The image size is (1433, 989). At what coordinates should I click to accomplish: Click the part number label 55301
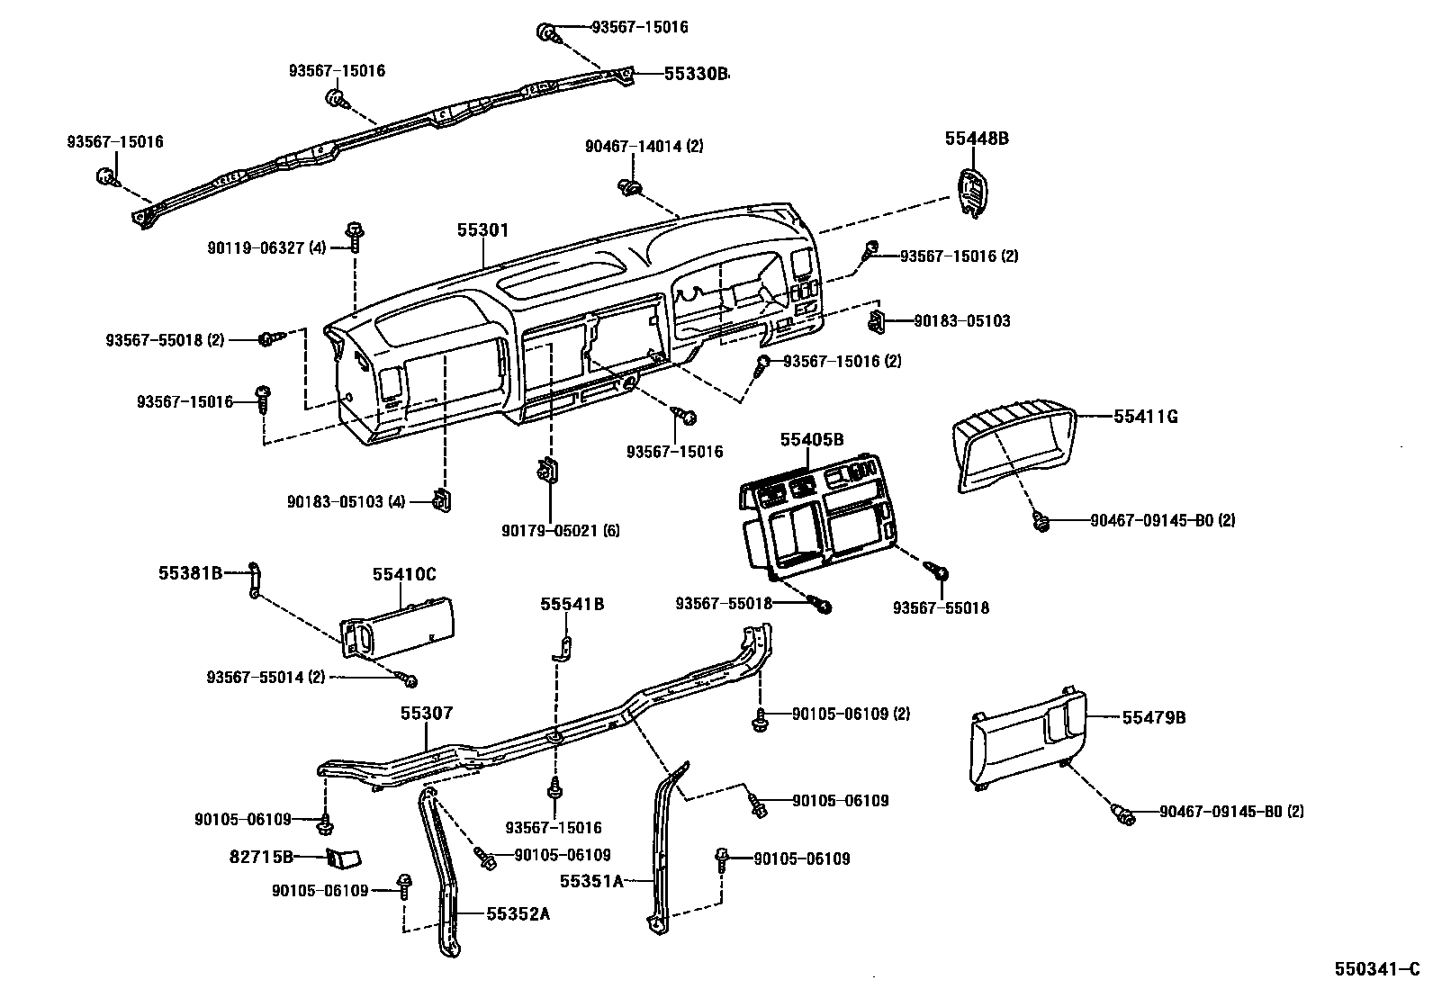point(482,230)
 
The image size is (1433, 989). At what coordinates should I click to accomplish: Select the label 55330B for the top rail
point(696,74)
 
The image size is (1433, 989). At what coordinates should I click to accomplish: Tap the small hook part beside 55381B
point(255,580)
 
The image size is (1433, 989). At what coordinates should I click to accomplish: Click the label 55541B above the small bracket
point(572,604)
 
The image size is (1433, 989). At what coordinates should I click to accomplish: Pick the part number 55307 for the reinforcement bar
point(427,714)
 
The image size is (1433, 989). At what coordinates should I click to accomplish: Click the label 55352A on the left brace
point(518,914)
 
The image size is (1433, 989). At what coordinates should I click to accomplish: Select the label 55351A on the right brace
point(591,881)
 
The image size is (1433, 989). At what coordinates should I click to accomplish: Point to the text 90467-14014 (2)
point(644,146)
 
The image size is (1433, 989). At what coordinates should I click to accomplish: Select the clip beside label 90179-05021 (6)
point(545,471)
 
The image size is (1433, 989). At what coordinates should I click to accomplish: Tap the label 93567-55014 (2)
point(266,677)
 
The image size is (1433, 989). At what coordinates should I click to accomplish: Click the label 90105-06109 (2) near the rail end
point(851,714)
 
